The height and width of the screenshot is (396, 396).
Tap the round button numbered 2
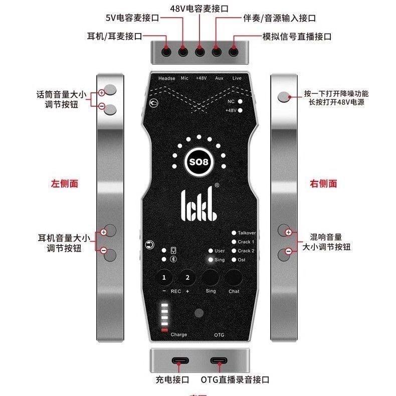point(187,278)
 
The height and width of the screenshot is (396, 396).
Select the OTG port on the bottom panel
point(219,361)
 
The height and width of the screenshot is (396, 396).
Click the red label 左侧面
point(64,184)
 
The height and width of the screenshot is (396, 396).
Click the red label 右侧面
point(324,184)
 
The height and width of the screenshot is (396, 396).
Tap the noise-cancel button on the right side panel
point(285,97)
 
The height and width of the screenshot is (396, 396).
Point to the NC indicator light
point(241,101)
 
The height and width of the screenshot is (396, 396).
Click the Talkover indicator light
point(234,233)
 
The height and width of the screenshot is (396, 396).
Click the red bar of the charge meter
point(164,329)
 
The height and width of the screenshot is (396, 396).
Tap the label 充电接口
point(171,380)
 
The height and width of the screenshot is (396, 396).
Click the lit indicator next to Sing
point(210,260)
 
